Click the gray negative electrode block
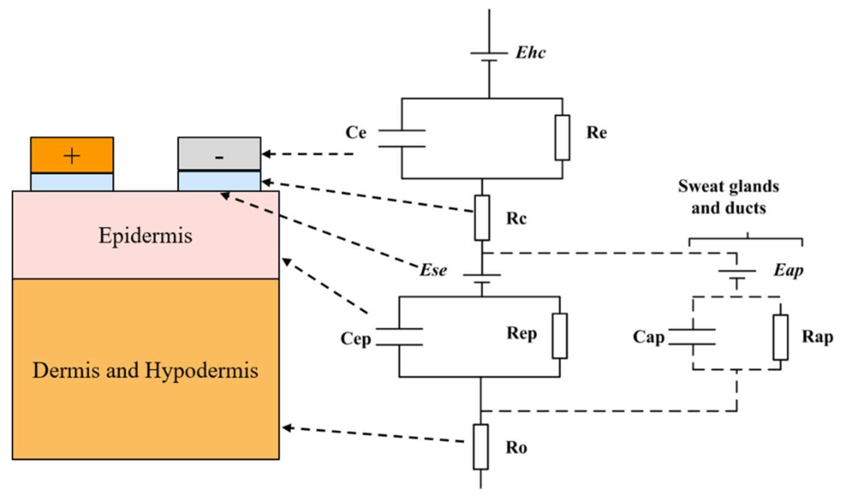(x=219, y=147)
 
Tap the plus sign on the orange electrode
(x=72, y=156)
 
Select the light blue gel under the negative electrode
(x=219, y=181)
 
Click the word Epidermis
(x=145, y=236)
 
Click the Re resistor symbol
(x=562, y=138)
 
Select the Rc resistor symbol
(x=482, y=218)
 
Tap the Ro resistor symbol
(x=481, y=447)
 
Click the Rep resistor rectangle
(x=560, y=336)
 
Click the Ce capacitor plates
(x=402, y=138)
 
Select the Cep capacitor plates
(x=399, y=337)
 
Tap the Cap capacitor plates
(x=693, y=337)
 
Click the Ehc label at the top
(x=531, y=53)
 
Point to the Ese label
(x=433, y=270)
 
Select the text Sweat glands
(x=728, y=187)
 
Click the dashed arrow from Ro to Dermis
(x=373, y=435)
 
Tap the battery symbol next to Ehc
(x=489, y=57)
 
